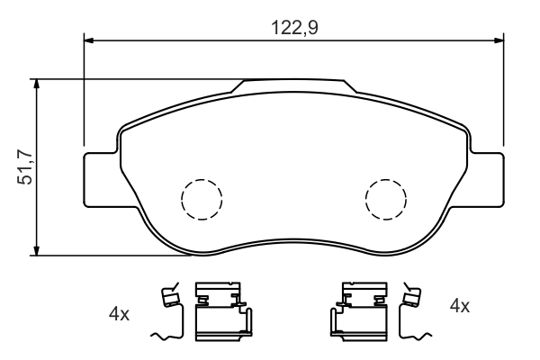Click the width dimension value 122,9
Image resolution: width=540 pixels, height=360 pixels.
pyautogui.click(x=294, y=27)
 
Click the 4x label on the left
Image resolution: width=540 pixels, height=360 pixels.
pyautogui.click(x=119, y=314)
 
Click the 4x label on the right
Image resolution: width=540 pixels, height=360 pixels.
pyautogui.click(x=459, y=306)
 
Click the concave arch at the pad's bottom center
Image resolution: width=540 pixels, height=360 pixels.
pyautogui.click(x=293, y=241)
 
